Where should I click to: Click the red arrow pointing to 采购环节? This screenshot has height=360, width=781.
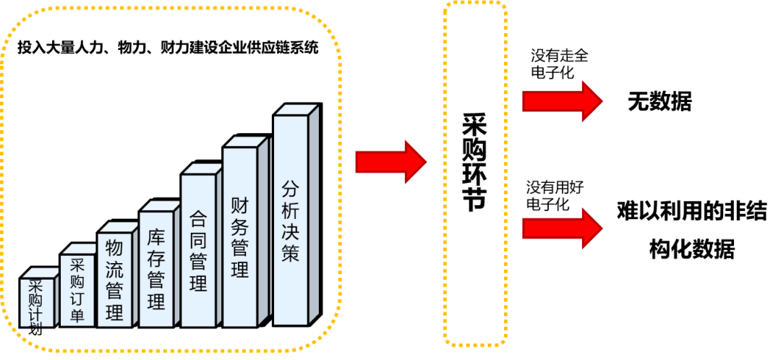point(390,162)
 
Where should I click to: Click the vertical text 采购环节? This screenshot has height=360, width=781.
point(474,162)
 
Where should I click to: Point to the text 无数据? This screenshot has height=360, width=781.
point(660,102)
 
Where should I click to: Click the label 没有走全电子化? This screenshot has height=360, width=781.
point(558,64)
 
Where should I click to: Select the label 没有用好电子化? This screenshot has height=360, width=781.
point(555,196)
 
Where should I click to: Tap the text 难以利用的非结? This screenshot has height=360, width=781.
point(691,212)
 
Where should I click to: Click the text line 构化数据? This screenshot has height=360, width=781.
point(691,250)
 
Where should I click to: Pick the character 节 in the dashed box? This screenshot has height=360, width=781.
point(474,200)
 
